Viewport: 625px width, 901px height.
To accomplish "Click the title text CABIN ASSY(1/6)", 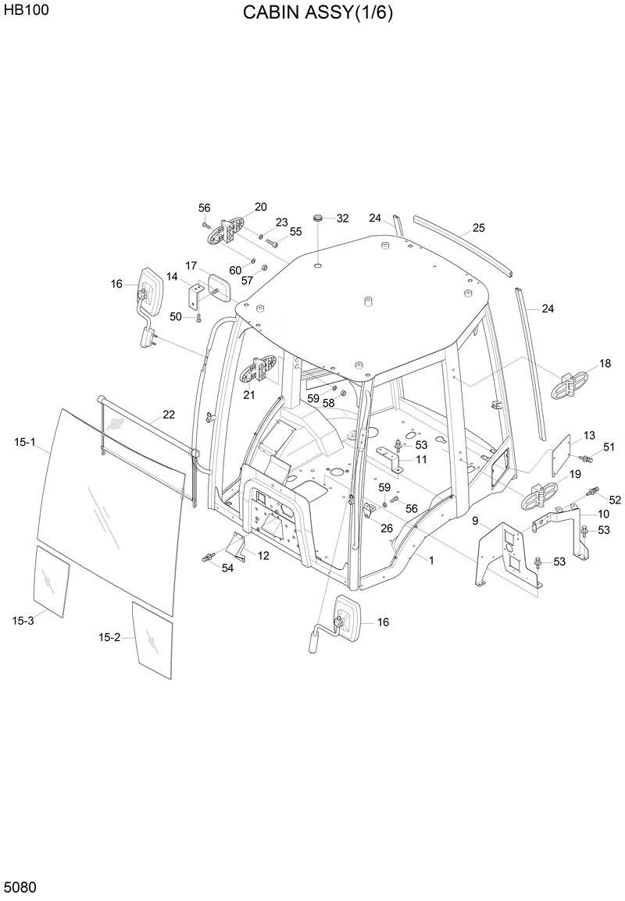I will pos(317,13).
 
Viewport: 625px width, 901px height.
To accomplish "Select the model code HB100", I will pos(21,11).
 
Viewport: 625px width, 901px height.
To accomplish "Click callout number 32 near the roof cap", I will pos(342,219).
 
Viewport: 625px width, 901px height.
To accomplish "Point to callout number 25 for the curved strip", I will pos(478,228).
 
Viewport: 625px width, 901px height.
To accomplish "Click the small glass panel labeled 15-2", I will pos(152,639).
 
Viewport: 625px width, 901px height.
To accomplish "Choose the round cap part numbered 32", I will pos(319,217).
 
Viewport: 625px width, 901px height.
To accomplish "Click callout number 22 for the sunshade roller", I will pos(169,414).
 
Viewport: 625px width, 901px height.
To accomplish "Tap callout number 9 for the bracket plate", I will pos(475,520).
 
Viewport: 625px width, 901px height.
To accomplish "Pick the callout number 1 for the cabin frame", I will pos(430,560).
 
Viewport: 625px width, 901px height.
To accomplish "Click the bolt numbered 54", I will pos(209,557).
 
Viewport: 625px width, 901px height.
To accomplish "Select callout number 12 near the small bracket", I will pos(263,555).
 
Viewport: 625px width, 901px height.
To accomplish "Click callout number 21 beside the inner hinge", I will pos(248,395).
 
